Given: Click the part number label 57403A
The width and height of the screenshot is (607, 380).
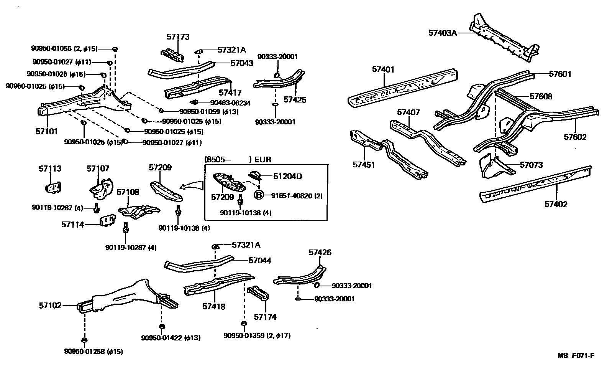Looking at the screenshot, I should [443, 33].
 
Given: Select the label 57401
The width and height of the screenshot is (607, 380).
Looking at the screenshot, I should [383, 69].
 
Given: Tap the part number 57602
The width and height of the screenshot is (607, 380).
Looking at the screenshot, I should [575, 137].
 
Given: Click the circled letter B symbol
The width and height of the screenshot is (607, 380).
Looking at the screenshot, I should [259, 195].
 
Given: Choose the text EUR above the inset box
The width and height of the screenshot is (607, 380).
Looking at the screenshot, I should [262, 160].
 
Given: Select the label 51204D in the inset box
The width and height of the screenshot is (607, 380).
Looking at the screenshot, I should [287, 176].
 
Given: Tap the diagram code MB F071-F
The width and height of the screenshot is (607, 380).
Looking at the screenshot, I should [576, 355].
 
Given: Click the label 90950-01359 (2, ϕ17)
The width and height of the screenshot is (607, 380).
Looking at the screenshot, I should [257, 335].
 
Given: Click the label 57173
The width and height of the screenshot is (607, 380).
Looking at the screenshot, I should [178, 37].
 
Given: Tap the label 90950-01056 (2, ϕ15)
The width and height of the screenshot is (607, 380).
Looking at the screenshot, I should [64, 48].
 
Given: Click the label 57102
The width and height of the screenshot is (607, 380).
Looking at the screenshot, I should [50, 306].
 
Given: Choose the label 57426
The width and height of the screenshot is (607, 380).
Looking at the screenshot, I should [320, 253].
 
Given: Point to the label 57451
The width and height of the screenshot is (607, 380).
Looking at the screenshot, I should [364, 165].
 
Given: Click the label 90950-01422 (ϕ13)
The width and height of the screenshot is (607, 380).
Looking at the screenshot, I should [171, 338].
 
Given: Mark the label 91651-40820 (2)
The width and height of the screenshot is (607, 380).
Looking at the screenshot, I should [297, 196].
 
